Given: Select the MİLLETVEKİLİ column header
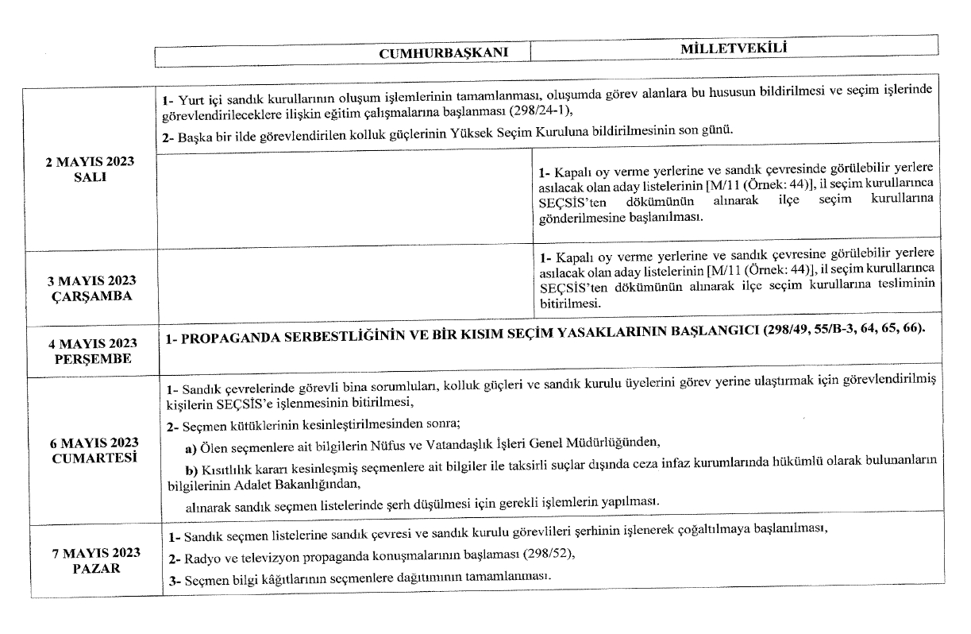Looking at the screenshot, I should (x=732, y=49).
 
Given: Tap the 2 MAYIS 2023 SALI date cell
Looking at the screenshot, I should (x=90, y=168).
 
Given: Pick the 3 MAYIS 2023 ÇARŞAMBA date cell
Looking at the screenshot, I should (x=90, y=288).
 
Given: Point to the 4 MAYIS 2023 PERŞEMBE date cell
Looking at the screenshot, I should (x=90, y=350).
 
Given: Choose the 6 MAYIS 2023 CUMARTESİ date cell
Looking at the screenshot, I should (x=90, y=450).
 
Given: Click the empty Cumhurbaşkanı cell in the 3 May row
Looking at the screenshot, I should (x=345, y=288).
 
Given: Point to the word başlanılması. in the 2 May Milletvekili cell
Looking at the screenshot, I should (x=665, y=217).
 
